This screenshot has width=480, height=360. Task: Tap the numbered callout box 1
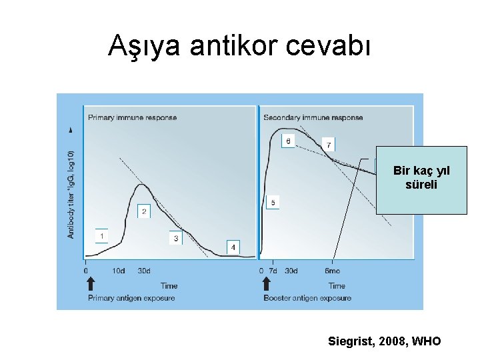pos(101,236)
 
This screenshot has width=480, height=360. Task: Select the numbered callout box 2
pos(144,211)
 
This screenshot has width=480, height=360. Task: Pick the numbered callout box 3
pos(176,238)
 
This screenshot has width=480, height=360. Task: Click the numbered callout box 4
pos(233,247)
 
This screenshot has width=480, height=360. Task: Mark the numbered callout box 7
pos(328,145)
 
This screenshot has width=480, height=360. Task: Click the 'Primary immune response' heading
pos(133,118)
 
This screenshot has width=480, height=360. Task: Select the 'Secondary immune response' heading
pos(313,118)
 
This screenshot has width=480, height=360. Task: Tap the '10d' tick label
pos(119,271)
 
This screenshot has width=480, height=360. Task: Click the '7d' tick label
pos(273,271)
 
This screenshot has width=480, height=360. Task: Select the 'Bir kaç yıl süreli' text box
pos(421,179)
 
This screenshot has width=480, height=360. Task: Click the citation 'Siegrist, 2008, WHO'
pos(385,341)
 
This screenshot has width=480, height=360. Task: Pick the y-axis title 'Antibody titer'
pos(71,193)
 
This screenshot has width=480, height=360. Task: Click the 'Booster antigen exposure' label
pos(307,298)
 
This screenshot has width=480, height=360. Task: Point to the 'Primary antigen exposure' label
pos(131,298)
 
